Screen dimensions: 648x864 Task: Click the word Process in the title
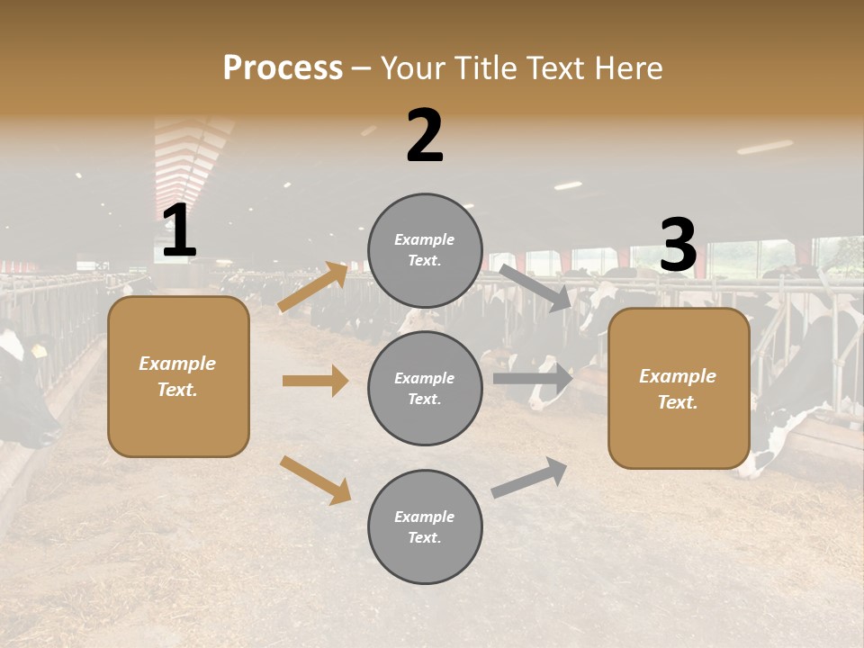pos(283,68)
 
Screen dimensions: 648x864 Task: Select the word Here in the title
pos(626,68)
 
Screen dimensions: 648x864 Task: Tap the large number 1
pos(179,231)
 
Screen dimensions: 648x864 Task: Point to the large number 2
pos(425,136)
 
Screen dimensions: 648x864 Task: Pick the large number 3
pos(679,246)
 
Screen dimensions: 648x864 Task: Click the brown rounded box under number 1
pos(178,376)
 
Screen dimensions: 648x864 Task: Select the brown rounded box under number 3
pos(679,389)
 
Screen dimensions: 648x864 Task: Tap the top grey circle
pos(425,250)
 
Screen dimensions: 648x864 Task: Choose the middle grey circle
pos(425,389)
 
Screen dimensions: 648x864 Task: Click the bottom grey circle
pos(425,527)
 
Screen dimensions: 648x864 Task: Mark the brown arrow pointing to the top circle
pos(313,287)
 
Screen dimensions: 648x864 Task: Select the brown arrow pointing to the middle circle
pos(315,381)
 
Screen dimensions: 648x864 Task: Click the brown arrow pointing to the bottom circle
pos(315,479)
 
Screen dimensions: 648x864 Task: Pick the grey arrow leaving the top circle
pos(535,287)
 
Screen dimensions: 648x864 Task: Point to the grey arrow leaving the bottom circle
pos(529,477)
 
